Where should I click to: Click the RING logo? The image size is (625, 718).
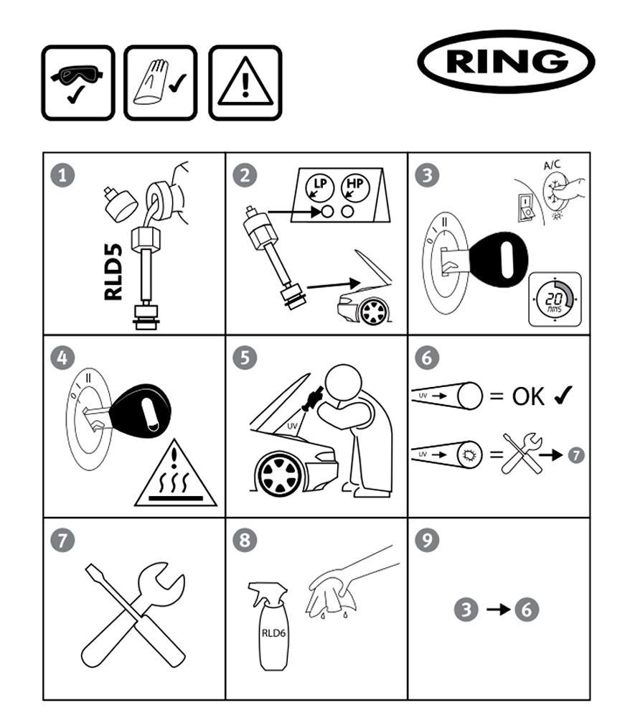click(x=506, y=62)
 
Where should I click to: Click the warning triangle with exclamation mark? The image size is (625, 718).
click(x=245, y=83)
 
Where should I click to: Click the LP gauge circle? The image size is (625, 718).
click(x=320, y=187)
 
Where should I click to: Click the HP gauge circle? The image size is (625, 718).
click(x=355, y=187)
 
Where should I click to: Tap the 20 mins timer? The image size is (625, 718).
click(x=555, y=299)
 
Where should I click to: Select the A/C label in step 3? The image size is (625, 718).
click(x=552, y=164)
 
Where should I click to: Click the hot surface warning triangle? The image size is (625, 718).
click(x=176, y=473)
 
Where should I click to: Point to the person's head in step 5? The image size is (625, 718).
click(x=343, y=383)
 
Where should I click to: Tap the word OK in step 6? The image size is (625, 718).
click(x=529, y=396)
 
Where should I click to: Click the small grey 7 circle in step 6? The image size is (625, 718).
click(x=576, y=455)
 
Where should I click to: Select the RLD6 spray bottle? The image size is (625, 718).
click(x=270, y=626)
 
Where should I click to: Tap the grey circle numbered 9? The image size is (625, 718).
click(x=427, y=540)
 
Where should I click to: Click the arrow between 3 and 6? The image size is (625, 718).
click(x=498, y=610)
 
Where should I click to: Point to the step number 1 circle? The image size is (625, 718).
click(x=62, y=175)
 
